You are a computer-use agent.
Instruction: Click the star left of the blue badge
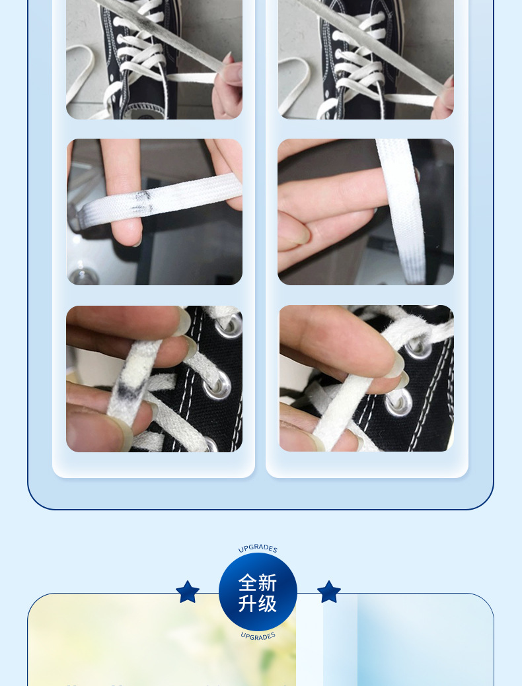[188, 592]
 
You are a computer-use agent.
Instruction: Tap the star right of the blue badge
[329, 592]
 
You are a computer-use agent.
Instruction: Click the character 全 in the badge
[248, 582]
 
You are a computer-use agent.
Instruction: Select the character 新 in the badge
[268, 582]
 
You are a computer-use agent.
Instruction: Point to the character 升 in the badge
[248, 603]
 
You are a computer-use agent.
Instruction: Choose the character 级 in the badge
[268, 603]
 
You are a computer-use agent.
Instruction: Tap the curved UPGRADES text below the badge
[258, 636]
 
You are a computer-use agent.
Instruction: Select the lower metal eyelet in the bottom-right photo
[398, 403]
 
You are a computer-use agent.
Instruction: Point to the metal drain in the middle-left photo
[85, 276]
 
